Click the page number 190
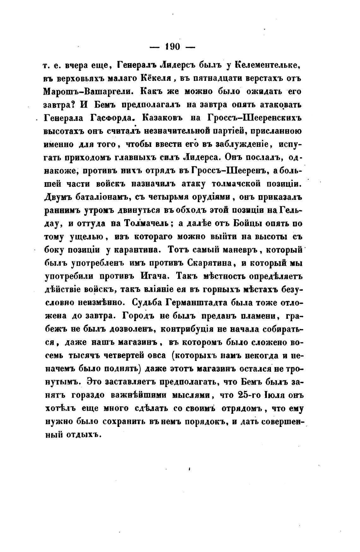point(172,46)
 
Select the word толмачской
point(239,184)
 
